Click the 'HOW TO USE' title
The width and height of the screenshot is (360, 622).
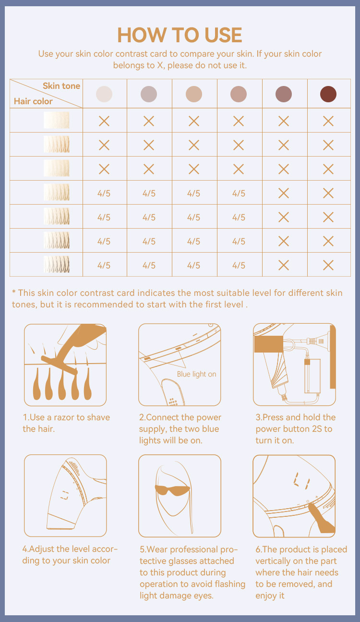point(180,35)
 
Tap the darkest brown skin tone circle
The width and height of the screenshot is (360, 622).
point(328,94)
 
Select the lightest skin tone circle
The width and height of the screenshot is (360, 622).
point(104,94)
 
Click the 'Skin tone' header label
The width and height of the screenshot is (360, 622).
point(61,86)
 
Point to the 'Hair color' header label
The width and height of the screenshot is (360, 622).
point(33,101)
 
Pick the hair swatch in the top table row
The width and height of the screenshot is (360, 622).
point(56,120)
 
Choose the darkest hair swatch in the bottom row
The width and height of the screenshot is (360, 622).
point(56,264)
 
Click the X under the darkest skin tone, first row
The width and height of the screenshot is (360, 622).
point(328,121)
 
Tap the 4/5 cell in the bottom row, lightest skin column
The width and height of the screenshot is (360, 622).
point(104,265)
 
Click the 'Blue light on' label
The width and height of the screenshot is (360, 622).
point(196,374)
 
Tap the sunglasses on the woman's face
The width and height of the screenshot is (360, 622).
point(172,489)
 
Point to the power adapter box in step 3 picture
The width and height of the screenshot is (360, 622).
point(312,376)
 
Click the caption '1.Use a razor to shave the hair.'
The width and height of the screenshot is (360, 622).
point(66,423)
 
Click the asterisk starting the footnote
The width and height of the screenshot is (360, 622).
point(13,292)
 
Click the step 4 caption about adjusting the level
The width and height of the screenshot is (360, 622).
point(70,555)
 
